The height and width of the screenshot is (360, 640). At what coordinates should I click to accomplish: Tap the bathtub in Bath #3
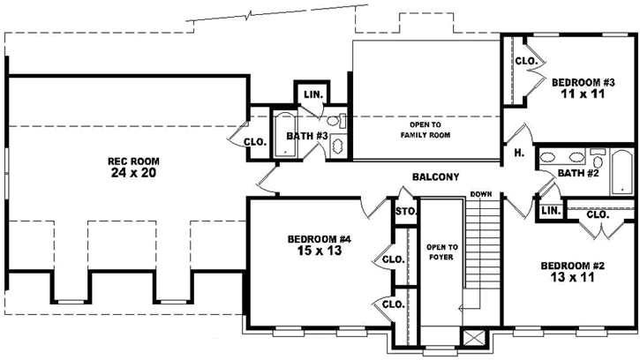(x=283, y=135)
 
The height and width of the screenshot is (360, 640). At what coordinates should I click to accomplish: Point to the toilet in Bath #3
(x=335, y=123)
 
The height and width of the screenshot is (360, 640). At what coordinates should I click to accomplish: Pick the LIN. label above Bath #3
(x=312, y=94)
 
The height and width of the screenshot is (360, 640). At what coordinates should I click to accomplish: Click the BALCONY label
(x=435, y=177)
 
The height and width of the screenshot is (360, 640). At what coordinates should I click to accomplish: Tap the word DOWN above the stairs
(x=481, y=194)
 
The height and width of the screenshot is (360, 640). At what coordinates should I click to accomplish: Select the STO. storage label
(x=405, y=212)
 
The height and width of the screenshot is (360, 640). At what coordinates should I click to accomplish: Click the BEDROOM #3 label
(x=578, y=82)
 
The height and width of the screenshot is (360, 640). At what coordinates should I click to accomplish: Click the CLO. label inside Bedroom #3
(x=526, y=61)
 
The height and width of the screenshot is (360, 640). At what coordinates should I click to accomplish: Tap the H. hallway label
(x=518, y=153)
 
